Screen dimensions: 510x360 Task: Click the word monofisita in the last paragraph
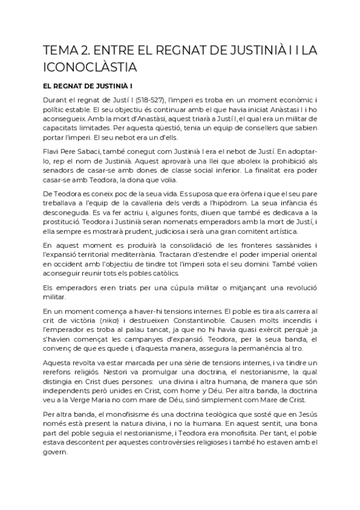(250, 437)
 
